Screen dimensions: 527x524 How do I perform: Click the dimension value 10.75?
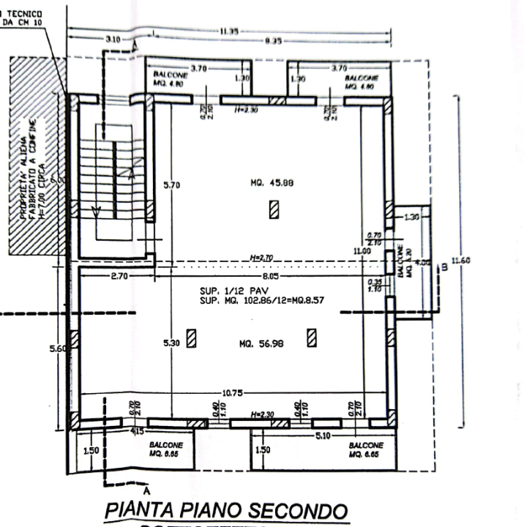click(x=232, y=393)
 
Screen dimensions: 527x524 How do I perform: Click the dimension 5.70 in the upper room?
click(x=171, y=185)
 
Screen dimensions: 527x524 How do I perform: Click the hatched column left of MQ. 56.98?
click(x=192, y=339)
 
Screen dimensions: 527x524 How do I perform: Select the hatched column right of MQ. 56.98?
click(x=311, y=337)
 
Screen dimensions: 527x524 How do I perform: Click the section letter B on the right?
click(x=444, y=267)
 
